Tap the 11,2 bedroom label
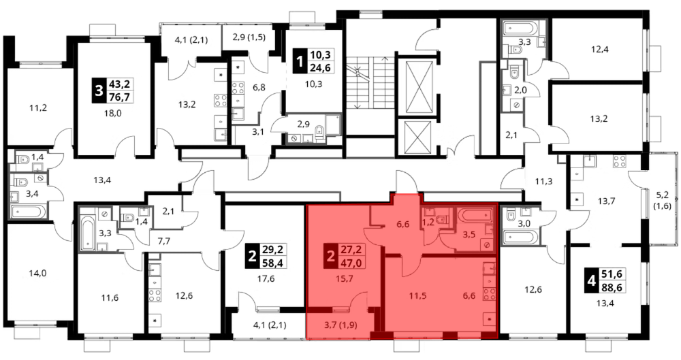(x=38, y=108)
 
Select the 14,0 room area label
(x=37, y=274)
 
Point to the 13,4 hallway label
(x=103, y=180)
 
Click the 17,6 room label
(x=266, y=279)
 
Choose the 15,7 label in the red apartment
(x=345, y=278)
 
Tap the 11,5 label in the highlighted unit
(x=418, y=296)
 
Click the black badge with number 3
(x=99, y=91)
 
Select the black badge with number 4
(x=592, y=281)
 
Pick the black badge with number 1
(x=299, y=62)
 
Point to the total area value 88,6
(x=612, y=287)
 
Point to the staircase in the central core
(x=370, y=82)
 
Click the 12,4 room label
(x=599, y=50)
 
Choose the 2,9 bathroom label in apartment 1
(x=303, y=125)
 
